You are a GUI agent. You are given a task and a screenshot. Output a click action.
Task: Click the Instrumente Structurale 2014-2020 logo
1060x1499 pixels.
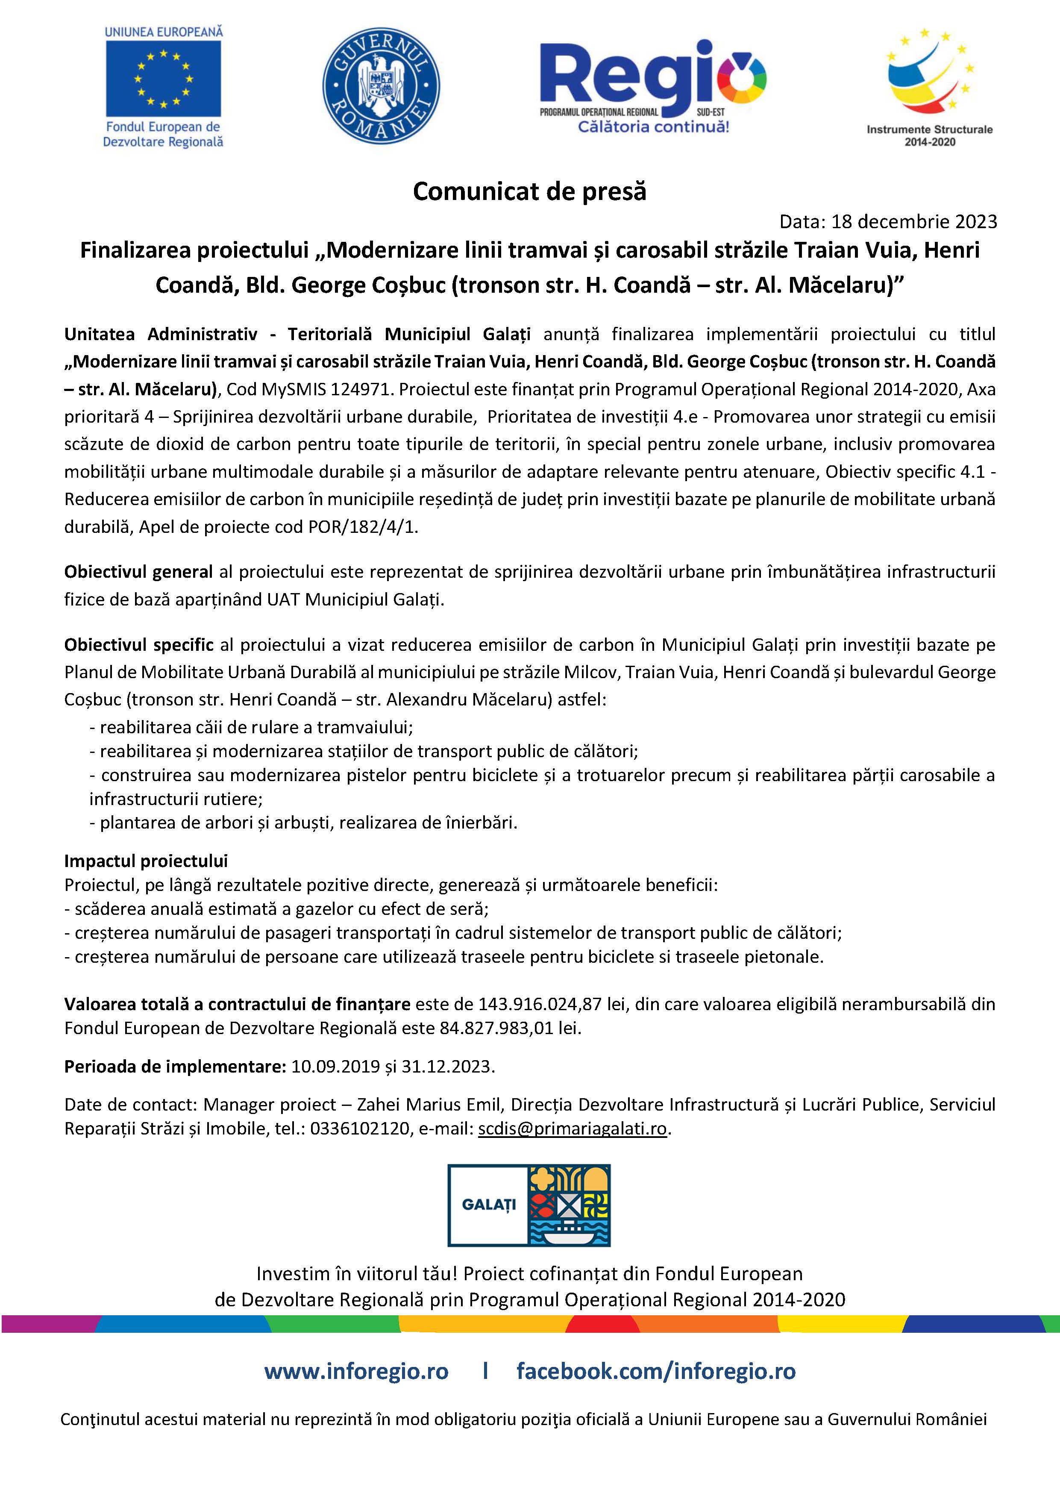(x=929, y=85)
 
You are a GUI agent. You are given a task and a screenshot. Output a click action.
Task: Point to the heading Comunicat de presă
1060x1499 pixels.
(x=529, y=191)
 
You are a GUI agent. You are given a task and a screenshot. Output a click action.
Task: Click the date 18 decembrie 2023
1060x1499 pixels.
(x=914, y=222)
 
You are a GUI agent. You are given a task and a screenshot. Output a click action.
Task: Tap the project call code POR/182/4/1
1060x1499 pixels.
(x=363, y=527)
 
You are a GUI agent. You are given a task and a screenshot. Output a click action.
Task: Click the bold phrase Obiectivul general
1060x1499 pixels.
(x=138, y=572)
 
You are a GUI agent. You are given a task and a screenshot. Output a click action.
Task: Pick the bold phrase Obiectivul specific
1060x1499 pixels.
(x=138, y=645)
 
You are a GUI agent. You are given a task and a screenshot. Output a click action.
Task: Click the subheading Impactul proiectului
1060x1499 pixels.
(x=146, y=861)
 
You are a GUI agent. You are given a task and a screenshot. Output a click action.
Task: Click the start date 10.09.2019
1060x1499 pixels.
(x=335, y=1066)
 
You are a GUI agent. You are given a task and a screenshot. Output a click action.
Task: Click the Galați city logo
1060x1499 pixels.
(x=529, y=1205)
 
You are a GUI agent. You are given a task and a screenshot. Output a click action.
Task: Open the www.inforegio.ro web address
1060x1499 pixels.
(x=356, y=1372)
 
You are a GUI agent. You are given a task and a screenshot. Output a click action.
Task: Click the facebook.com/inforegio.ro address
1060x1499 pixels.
(x=656, y=1372)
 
